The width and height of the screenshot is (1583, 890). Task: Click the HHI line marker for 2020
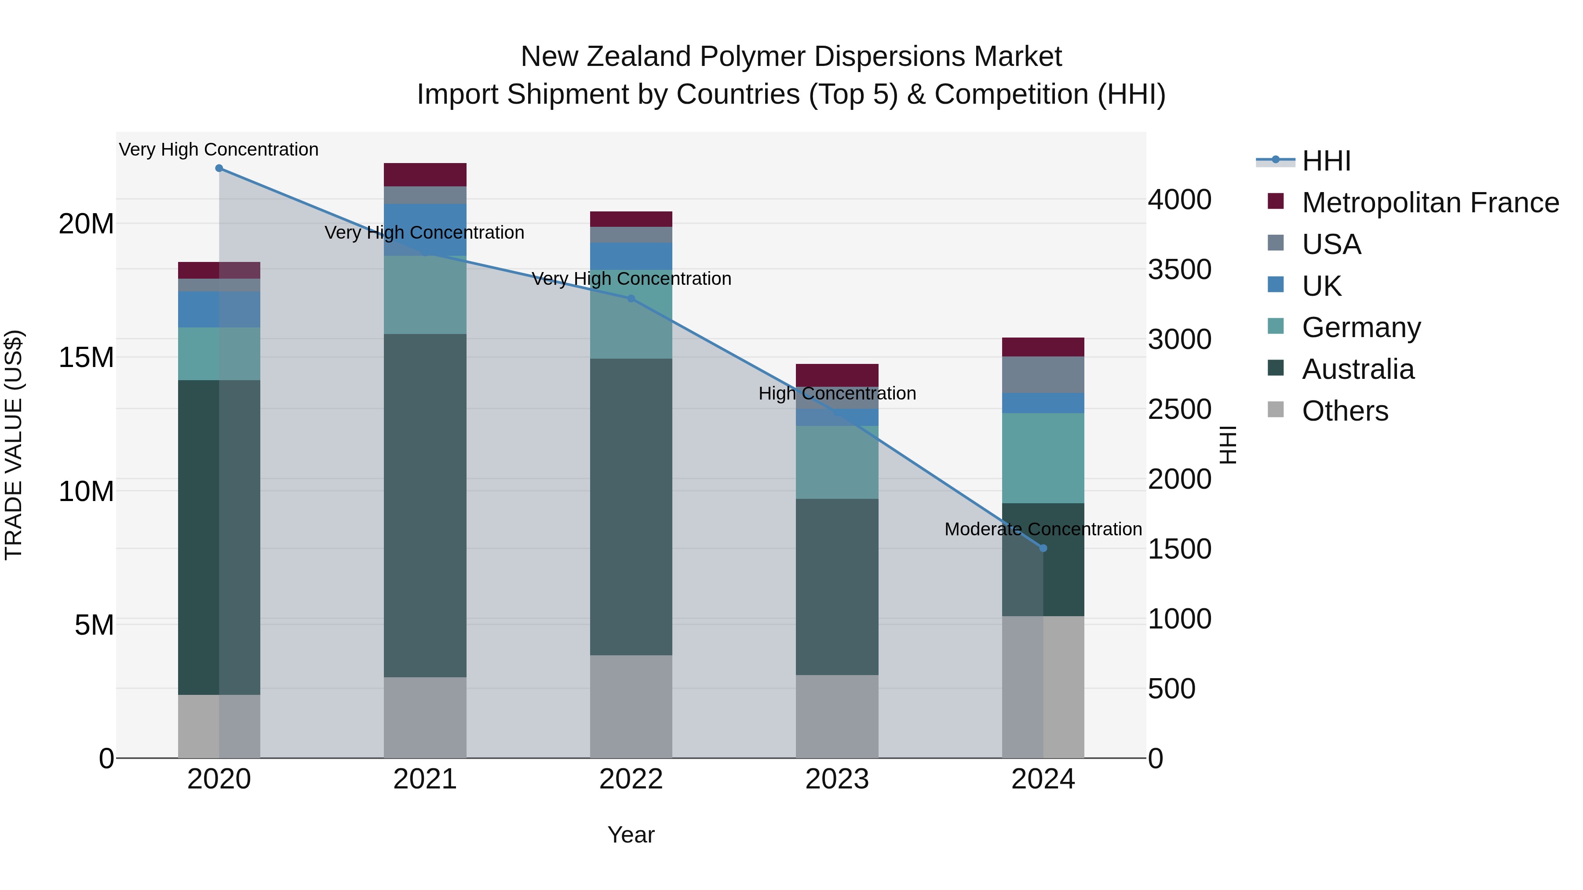(219, 168)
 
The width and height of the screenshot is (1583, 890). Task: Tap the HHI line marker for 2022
(631, 298)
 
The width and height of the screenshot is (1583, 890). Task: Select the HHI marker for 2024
(1043, 548)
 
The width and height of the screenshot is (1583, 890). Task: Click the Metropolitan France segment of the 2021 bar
(425, 174)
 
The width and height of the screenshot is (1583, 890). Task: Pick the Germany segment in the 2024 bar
(1043, 458)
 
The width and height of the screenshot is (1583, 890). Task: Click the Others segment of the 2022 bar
(631, 706)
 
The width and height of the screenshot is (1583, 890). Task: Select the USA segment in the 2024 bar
(1043, 374)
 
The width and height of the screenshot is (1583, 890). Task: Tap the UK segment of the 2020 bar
(219, 309)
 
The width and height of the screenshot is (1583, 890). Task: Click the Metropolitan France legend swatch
(1276, 201)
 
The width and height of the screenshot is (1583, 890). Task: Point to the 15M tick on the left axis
(86, 357)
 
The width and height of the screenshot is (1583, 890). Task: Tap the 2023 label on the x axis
(837, 779)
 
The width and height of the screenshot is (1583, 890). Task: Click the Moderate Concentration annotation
(1043, 529)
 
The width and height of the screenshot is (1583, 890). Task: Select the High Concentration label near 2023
(837, 393)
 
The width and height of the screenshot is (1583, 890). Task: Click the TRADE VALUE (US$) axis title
(14, 445)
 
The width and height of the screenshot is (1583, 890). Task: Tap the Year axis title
(631, 835)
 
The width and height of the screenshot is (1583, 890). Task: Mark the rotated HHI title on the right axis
(1227, 445)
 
